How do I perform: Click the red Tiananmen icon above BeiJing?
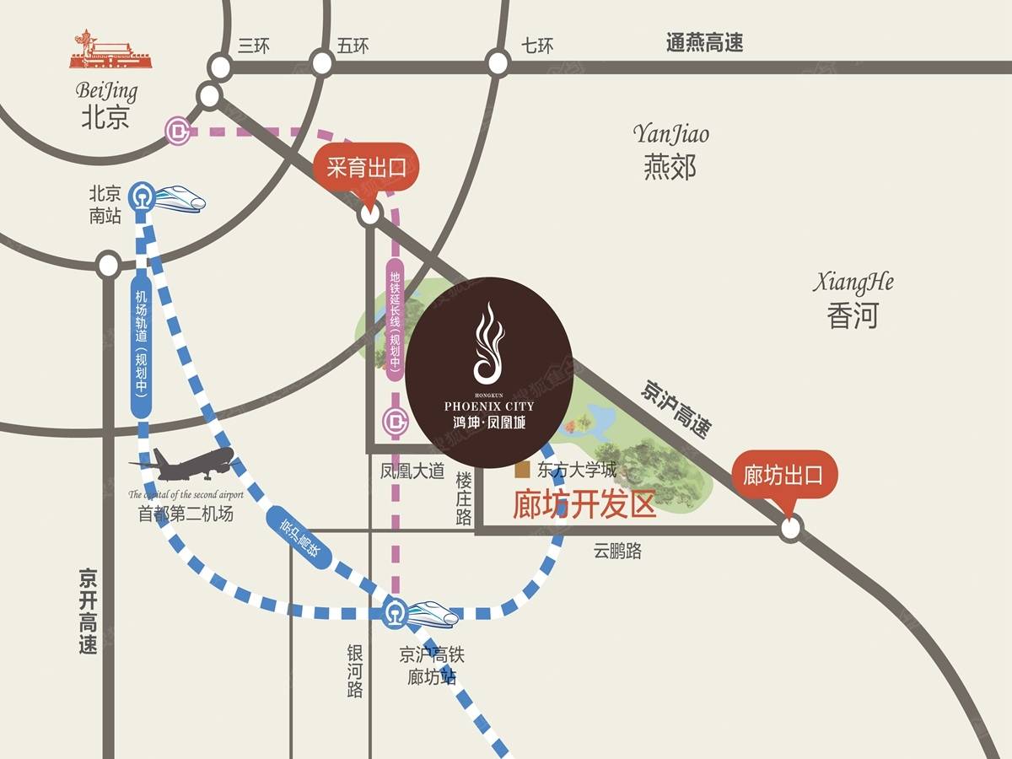(x=107, y=51)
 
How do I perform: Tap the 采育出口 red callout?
(x=366, y=168)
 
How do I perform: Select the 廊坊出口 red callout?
(x=783, y=476)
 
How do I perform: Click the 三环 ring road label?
(x=254, y=46)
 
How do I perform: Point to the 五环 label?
(x=353, y=46)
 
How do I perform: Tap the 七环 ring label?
(x=536, y=46)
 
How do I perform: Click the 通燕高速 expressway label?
(x=705, y=43)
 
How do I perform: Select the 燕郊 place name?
(x=670, y=167)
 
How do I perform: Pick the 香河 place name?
(x=853, y=315)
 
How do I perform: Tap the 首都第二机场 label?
(x=186, y=514)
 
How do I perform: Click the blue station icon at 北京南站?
(x=140, y=197)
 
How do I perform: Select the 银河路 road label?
(x=356, y=671)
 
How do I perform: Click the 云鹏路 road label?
(x=617, y=552)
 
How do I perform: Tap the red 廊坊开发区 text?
(x=584, y=504)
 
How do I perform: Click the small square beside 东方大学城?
(x=523, y=469)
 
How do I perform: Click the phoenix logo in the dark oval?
(x=488, y=342)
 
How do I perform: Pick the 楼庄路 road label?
(x=464, y=498)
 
